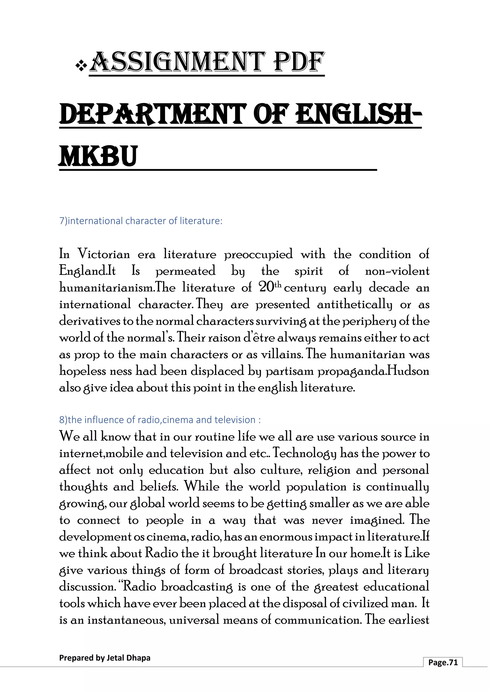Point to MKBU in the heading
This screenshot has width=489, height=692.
[x=98, y=156]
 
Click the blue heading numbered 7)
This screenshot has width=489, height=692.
[x=141, y=221]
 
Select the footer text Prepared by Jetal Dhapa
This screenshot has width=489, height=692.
[x=105, y=658]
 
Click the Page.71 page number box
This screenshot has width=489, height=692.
[x=443, y=662]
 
